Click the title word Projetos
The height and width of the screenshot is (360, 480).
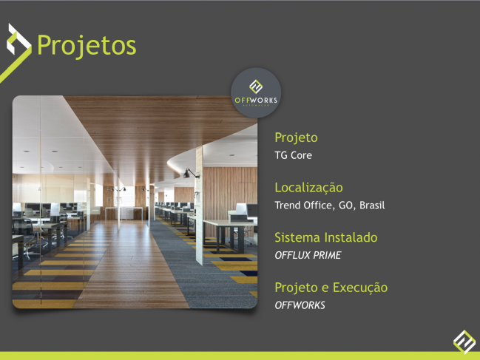point(87,46)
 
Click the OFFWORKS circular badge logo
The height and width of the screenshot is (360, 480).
point(256,92)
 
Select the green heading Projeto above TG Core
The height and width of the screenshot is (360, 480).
point(296,137)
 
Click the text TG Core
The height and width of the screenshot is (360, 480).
point(294,155)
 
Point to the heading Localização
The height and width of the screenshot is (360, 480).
point(308,188)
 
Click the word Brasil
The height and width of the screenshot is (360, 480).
point(372,206)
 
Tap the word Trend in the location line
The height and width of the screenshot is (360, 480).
point(288,206)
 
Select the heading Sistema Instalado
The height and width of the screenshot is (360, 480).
point(326,237)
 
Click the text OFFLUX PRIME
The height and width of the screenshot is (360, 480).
point(308,255)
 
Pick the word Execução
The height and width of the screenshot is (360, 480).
point(360,288)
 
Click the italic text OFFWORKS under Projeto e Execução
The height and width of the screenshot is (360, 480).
point(300,305)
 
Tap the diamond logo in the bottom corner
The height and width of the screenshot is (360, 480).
point(464,342)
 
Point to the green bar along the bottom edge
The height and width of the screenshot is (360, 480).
point(240,356)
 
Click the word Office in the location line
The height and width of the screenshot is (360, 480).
point(319,206)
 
